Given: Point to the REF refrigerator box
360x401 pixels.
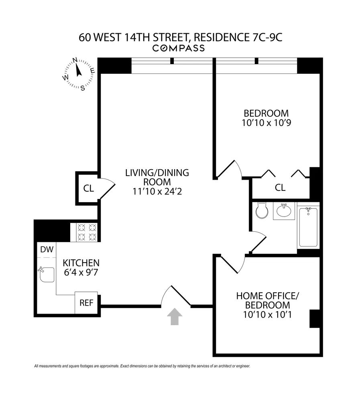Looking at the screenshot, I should (86, 303).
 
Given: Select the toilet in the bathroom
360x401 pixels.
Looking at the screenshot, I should (262, 210).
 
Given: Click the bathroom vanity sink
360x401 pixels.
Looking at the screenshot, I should (284, 211).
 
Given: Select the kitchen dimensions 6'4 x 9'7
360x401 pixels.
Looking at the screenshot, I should (81, 272).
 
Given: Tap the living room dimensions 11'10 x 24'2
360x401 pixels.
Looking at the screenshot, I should (157, 191).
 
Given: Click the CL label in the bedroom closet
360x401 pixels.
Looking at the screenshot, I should (280, 188).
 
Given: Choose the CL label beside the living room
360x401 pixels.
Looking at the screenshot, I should (89, 188).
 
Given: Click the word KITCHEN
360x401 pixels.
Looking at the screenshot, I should (81, 263).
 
